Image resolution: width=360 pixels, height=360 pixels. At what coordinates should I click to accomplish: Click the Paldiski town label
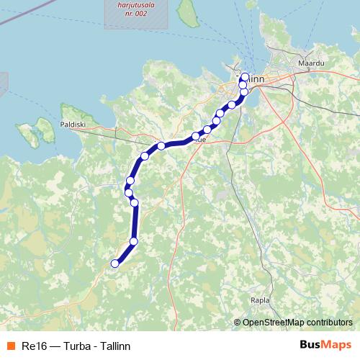[73, 124]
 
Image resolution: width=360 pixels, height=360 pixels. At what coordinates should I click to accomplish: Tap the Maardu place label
[311, 63]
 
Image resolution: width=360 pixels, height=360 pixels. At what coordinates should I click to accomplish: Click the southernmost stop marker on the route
[114, 264]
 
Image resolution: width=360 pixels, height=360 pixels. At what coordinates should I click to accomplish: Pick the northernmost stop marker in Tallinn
[245, 77]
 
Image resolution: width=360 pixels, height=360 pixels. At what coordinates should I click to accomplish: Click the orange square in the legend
[9, 346]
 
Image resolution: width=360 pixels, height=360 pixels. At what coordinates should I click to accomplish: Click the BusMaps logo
[325, 345]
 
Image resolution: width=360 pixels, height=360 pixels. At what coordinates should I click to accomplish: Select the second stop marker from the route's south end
[134, 241]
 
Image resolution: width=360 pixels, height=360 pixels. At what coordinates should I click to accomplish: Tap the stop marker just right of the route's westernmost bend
[134, 202]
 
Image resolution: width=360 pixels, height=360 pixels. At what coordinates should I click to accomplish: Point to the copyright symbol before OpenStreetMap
[238, 323]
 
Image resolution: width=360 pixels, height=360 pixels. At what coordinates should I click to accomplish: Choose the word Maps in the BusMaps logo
[335, 345]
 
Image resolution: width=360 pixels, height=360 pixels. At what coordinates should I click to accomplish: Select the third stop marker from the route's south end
[134, 202]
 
